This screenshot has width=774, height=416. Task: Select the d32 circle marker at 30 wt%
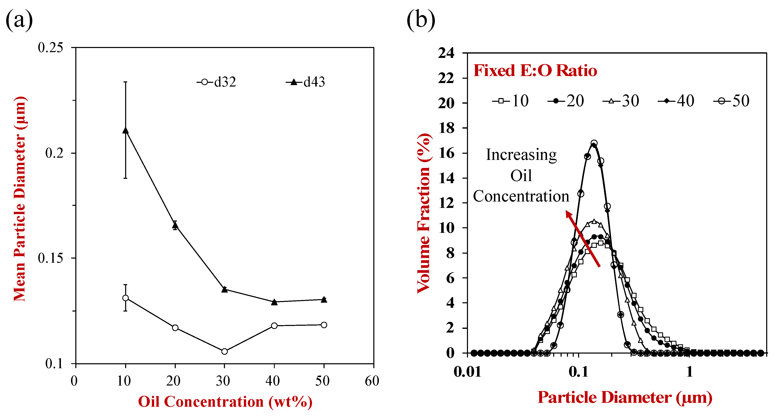pos(225,351)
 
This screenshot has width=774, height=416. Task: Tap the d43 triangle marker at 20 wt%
pos(175,225)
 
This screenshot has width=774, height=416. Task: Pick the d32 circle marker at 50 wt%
pos(324,325)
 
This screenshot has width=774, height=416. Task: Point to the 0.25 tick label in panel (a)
pos(50,48)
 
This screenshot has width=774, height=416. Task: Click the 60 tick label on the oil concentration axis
pos(372,381)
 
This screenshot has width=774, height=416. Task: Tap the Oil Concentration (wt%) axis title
pos(225,402)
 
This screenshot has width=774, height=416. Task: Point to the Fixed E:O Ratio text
pos(535,71)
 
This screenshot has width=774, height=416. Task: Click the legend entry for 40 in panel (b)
pos(676,101)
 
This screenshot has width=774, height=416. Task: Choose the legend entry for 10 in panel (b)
pos(511,101)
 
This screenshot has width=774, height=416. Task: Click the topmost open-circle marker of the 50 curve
pos(594,143)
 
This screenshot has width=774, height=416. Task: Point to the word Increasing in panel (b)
pos(521,155)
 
